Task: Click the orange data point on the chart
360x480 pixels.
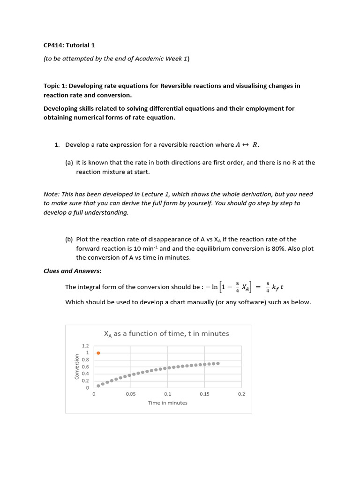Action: (98, 352)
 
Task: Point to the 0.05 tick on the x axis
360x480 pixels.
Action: (131, 394)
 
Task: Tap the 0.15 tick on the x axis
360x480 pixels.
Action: (204, 394)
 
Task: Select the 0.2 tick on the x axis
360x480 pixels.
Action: (241, 394)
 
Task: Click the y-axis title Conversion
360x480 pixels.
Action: (77, 367)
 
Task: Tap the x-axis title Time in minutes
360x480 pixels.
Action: (167, 403)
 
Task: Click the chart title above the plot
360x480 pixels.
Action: (166, 334)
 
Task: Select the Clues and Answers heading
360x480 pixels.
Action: (72, 271)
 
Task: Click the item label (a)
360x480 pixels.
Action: (69, 163)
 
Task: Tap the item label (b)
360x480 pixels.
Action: (69, 239)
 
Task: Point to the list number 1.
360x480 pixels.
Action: (56, 145)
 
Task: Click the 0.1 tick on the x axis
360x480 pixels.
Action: (168, 394)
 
